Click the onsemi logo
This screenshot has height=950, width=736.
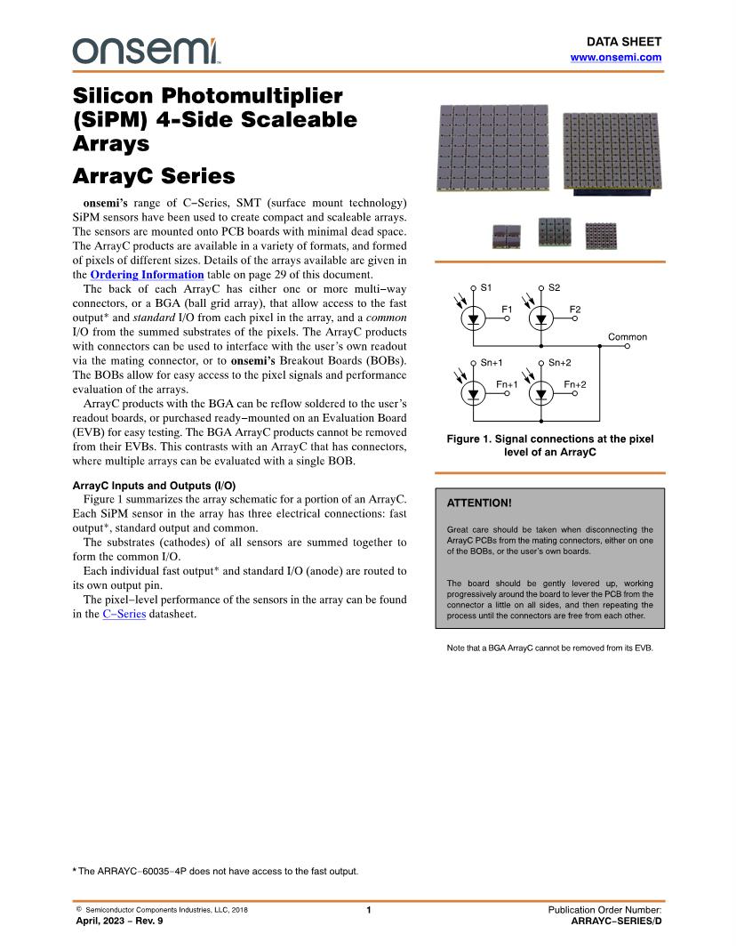point(147,51)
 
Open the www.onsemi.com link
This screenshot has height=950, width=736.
point(615,57)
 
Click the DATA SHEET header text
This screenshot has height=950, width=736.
point(623,42)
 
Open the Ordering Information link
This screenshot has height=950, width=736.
point(147,275)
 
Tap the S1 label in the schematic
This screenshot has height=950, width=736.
point(485,287)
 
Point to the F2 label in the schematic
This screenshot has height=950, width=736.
point(574,309)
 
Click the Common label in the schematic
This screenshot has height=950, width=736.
point(627,337)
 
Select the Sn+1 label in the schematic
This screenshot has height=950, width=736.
point(491,363)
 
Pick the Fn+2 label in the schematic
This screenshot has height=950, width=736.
point(574,384)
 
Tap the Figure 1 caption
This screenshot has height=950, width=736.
point(549,446)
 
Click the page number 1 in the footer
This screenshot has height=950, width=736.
point(368,910)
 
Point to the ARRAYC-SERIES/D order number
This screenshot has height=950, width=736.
point(616,921)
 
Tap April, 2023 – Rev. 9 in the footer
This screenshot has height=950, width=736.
point(119,921)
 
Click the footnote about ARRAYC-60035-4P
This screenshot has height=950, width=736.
point(215,871)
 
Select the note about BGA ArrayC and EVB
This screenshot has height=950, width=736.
point(549,648)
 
